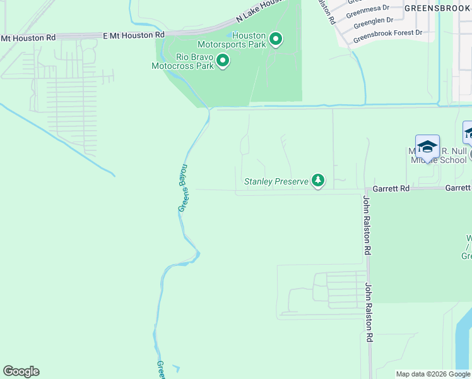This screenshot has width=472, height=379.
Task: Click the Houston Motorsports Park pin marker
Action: pyautogui.click(x=276, y=40)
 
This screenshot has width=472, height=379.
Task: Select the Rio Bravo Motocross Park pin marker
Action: pyautogui.click(x=222, y=61)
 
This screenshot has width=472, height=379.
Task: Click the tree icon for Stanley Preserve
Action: pyautogui.click(x=319, y=182)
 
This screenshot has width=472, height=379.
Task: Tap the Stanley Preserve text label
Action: pyautogui.click(x=276, y=182)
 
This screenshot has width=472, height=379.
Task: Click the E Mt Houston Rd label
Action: pyautogui.click(x=133, y=35)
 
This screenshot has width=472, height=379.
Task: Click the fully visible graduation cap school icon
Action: pyautogui.click(x=427, y=147)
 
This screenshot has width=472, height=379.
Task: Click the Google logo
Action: pyautogui.click(x=21, y=371)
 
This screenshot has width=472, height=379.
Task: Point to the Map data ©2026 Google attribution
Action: pyautogui.click(x=433, y=374)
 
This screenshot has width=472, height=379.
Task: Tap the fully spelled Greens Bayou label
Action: pyautogui.click(x=183, y=188)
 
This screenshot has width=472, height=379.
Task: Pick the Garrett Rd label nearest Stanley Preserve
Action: pyautogui.click(x=391, y=188)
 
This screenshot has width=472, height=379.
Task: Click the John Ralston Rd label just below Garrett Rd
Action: pyautogui.click(x=367, y=226)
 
